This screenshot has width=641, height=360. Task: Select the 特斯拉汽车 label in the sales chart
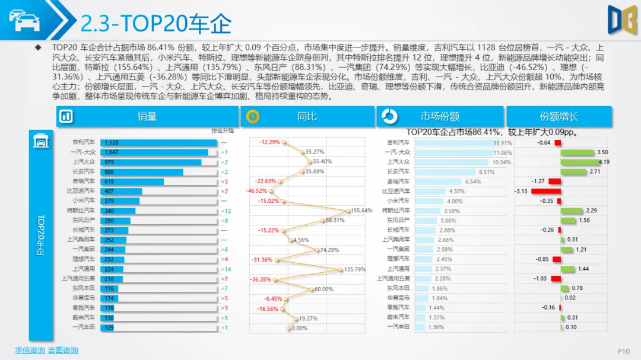[81, 211]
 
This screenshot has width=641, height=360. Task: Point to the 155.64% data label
[361, 211]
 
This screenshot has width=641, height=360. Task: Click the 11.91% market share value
[502, 143]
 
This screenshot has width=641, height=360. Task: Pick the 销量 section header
[147, 117]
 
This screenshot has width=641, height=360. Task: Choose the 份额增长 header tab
[559, 117]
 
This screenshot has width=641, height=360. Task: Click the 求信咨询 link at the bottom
[30, 351]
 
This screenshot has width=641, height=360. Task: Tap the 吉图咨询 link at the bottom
[63, 351]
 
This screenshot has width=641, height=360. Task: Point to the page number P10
[623, 351]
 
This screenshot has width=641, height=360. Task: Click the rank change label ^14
[226, 269]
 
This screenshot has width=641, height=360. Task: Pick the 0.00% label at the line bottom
[299, 327]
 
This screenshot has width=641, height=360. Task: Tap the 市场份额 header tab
[440, 117]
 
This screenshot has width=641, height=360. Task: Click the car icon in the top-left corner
[24, 20]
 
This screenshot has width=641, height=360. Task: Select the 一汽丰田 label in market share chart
[398, 327]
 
